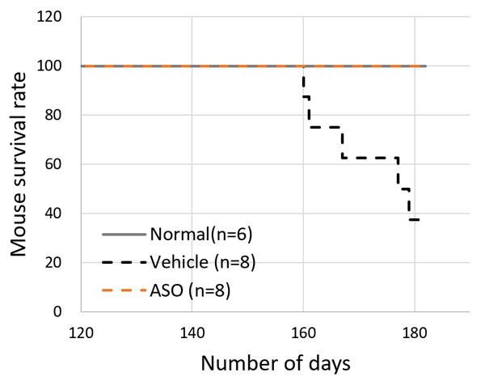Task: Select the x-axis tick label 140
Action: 192,330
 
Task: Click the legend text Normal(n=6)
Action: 198,235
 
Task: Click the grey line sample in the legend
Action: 124,235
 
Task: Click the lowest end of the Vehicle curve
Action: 417,219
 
